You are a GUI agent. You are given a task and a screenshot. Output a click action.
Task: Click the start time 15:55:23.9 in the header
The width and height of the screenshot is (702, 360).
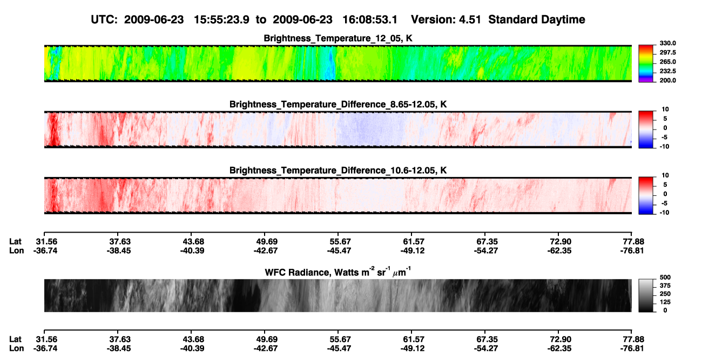221,20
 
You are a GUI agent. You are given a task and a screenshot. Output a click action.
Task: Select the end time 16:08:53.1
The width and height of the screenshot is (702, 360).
370,20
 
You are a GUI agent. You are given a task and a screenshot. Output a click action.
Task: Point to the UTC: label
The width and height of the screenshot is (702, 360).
104,20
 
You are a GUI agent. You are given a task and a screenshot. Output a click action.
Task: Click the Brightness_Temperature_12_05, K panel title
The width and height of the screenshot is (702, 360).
338,38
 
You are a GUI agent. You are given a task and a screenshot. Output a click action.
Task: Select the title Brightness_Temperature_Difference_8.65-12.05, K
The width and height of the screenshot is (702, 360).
338,104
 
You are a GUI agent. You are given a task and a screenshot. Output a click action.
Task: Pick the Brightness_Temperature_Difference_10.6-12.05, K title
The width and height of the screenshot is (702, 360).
338,171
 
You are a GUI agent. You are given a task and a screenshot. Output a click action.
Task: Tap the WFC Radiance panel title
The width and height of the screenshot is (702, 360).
337,272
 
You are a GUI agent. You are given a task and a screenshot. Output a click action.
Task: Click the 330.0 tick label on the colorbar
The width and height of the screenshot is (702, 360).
667,43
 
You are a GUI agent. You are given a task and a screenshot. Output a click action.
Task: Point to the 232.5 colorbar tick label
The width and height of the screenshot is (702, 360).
667,71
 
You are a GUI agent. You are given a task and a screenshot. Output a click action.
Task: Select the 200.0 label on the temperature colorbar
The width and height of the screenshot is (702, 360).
667,80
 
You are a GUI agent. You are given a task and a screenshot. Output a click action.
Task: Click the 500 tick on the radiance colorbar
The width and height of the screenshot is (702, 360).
665,277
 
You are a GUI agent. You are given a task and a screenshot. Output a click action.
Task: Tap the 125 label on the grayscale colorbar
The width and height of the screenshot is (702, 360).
665,302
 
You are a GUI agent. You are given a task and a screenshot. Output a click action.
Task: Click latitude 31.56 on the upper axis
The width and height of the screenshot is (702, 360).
46,242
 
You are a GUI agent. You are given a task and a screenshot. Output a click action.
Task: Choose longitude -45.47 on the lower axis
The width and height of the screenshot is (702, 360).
339,349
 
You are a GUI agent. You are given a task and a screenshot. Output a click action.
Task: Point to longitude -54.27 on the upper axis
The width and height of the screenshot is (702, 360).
486,250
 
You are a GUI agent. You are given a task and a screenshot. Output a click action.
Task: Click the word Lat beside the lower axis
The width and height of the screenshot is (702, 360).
15,339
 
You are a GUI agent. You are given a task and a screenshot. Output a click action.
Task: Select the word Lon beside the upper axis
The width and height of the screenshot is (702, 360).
16,250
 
